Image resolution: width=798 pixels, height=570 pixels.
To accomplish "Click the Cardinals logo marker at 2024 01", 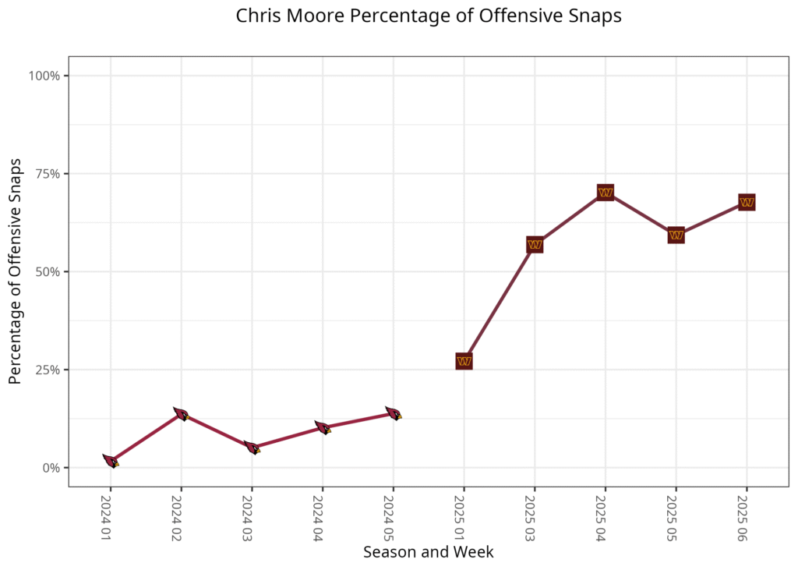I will click(x=111, y=462).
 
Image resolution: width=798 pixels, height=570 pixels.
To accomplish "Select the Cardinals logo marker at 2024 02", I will click(x=181, y=415).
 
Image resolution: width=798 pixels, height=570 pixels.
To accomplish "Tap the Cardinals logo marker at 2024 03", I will click(x=252, y=448).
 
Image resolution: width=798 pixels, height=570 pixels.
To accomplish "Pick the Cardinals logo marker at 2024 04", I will click(x=323, y=428).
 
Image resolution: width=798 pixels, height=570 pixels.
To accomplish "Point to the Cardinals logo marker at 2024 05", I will click(x=394, y=414).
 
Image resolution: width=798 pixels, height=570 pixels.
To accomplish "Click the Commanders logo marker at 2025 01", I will click(x=464, y=361).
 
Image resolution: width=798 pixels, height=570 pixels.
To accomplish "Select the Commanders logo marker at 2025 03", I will click(x=535, y=245).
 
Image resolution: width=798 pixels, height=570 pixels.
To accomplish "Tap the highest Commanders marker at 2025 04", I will click(x=606, y=193).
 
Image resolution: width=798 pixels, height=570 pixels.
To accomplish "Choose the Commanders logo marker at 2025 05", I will click(x=676, y=235).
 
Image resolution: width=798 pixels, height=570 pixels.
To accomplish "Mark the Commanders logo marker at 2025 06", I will click(x=747, y=203).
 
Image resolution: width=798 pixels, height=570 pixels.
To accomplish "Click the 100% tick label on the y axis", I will click(x=44, y=76).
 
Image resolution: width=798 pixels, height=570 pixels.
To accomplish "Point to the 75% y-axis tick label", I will click(x=48, y=174).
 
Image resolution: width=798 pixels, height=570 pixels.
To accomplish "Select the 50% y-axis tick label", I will click(x=48, y=272).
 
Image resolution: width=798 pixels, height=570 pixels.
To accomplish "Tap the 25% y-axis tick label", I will click(x=48, y=370).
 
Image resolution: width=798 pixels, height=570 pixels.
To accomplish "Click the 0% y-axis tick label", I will click(x=51, y=468).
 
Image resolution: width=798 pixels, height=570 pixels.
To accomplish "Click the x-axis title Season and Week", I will click(x=428, y=552).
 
